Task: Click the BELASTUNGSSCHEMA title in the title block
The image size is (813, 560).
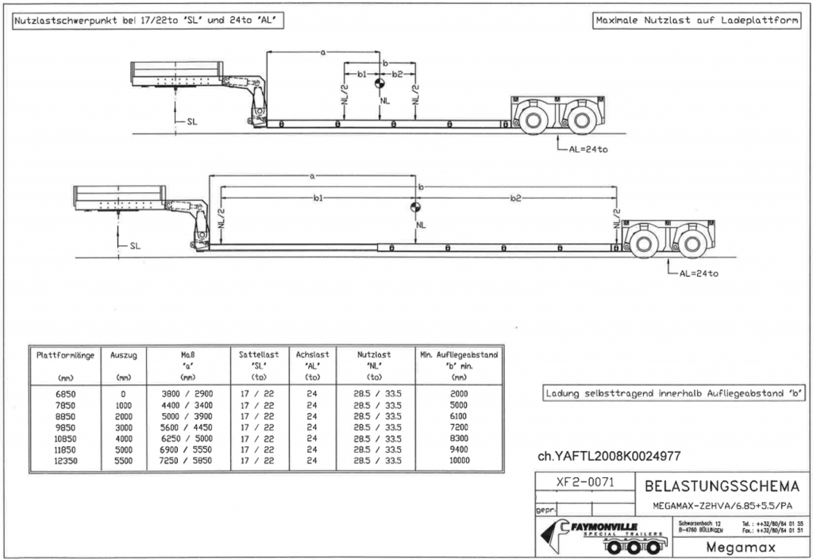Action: point(722,485)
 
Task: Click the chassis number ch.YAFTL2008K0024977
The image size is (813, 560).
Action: point(609,456)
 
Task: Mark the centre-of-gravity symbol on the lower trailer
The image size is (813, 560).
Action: point(414,208)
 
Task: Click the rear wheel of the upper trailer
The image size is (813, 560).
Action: point(584,119)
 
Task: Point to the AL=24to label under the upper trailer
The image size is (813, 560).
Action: point(588,149)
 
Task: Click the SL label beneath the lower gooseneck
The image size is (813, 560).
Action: point(134,246)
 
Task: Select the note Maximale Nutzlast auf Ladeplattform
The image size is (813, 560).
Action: point(695,21)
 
